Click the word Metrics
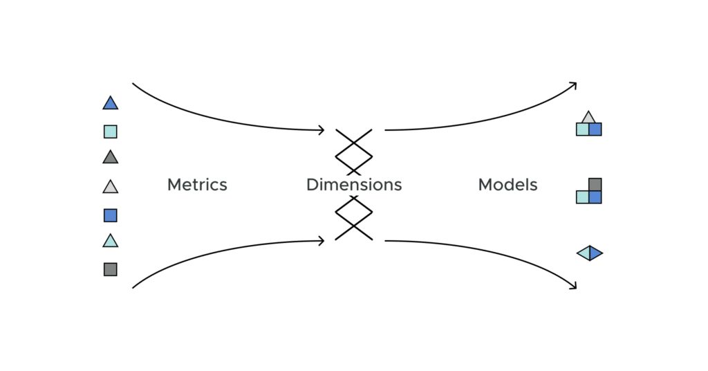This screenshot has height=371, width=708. (x=197, y=185)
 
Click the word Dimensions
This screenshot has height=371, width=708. (x=354, y=185)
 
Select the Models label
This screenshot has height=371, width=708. (x=507, y=185)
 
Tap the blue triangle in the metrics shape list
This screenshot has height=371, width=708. (x=111, y=104)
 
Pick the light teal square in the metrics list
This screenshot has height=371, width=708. (x=111, y=132)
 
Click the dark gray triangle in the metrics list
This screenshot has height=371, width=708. (x=111, y=158)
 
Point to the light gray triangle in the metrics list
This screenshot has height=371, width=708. (x=111, y=187)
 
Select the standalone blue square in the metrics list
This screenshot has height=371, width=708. (x=111, y=215)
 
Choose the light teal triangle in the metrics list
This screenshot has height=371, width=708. (x=111, y=242)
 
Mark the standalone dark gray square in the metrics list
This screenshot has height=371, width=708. (x=111, y=269)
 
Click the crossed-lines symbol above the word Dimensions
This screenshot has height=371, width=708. (x=354, y=150)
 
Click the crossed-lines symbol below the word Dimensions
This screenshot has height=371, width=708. (x=354, y=217)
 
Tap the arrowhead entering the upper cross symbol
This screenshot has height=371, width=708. (x=322, y=129)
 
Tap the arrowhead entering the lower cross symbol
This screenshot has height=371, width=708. (x=322, y=241)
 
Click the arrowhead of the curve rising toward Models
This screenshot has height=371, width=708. (x=573, y=84)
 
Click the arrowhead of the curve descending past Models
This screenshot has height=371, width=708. (x=573, y=286)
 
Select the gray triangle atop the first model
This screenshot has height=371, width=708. (x=588, y=118)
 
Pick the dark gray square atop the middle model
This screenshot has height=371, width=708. (x=595, y=185)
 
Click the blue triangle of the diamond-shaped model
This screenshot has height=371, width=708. (x=595, y=253)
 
